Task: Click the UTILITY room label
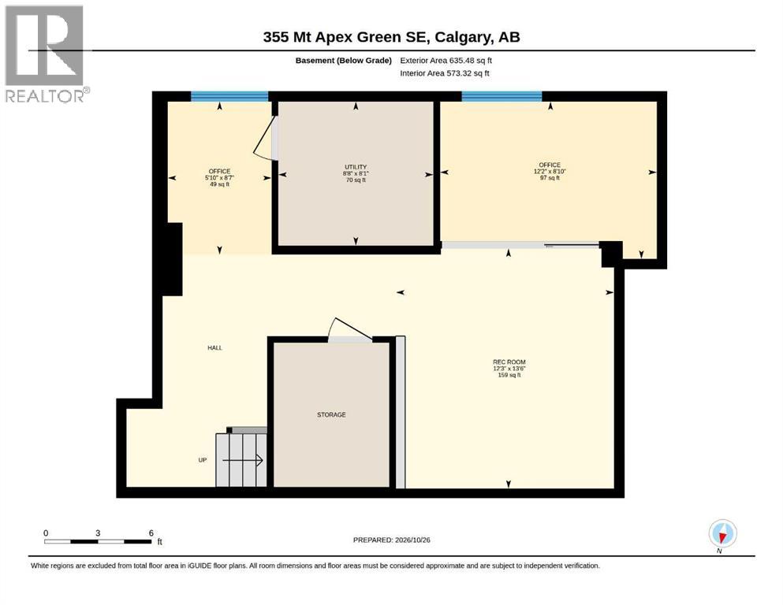pyautogui.click(x=356, y=167)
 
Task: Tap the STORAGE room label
pyautogui.click(x=331, y=414)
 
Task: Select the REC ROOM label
pyautogui.click(x=509, y=362)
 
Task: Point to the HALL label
pyautogui.click(x=214, y=347)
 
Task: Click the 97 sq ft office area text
pyautogui.click(x=550, y=178)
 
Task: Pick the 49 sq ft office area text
pyautogui.click(x=219, y=184)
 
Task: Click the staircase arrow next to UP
pyautogui.click(x=243, y=460)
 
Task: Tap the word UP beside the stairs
pyautogui.click(x=202, y=460)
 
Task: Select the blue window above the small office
pyautogui.click(x=229, y=96)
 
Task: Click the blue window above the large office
pyautogui.click(x=501, y=96)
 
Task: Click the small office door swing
pyautogui.click(x=266, y=139)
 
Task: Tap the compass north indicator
pyautogui.click(x=722, y=535)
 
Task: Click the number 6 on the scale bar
pyautogui.click(x=151, y=533)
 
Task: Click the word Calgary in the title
pyautogui.click(x=461, y=37)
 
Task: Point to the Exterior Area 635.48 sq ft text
pyautogui.click(x=446, y=61)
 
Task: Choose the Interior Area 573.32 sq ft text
pyautogui.click(x=445, y=73)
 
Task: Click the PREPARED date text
pyautogui.click(x=391, y=540)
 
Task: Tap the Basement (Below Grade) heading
pyautogui.click(x=344, y=61)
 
